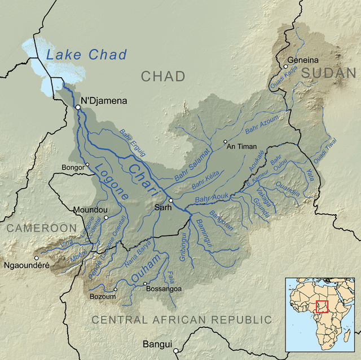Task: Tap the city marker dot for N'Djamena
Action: pos(78,106)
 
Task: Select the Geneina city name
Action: pos(303,60)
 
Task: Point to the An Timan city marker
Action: pos(225,141)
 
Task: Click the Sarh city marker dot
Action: pos(171,200)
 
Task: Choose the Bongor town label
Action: pos(72,167)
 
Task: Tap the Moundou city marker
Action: pos(105,217)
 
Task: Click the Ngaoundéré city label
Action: pos(27,265)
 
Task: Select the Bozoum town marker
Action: pos(115,290)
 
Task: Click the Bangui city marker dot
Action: pos(175,344)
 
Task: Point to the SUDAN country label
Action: pos(329,73)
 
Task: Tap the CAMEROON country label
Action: pos(41,228)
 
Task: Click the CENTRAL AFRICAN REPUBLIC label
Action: pos(182,320)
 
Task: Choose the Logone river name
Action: pos(111,181)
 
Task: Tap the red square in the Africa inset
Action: pos(322,306)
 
